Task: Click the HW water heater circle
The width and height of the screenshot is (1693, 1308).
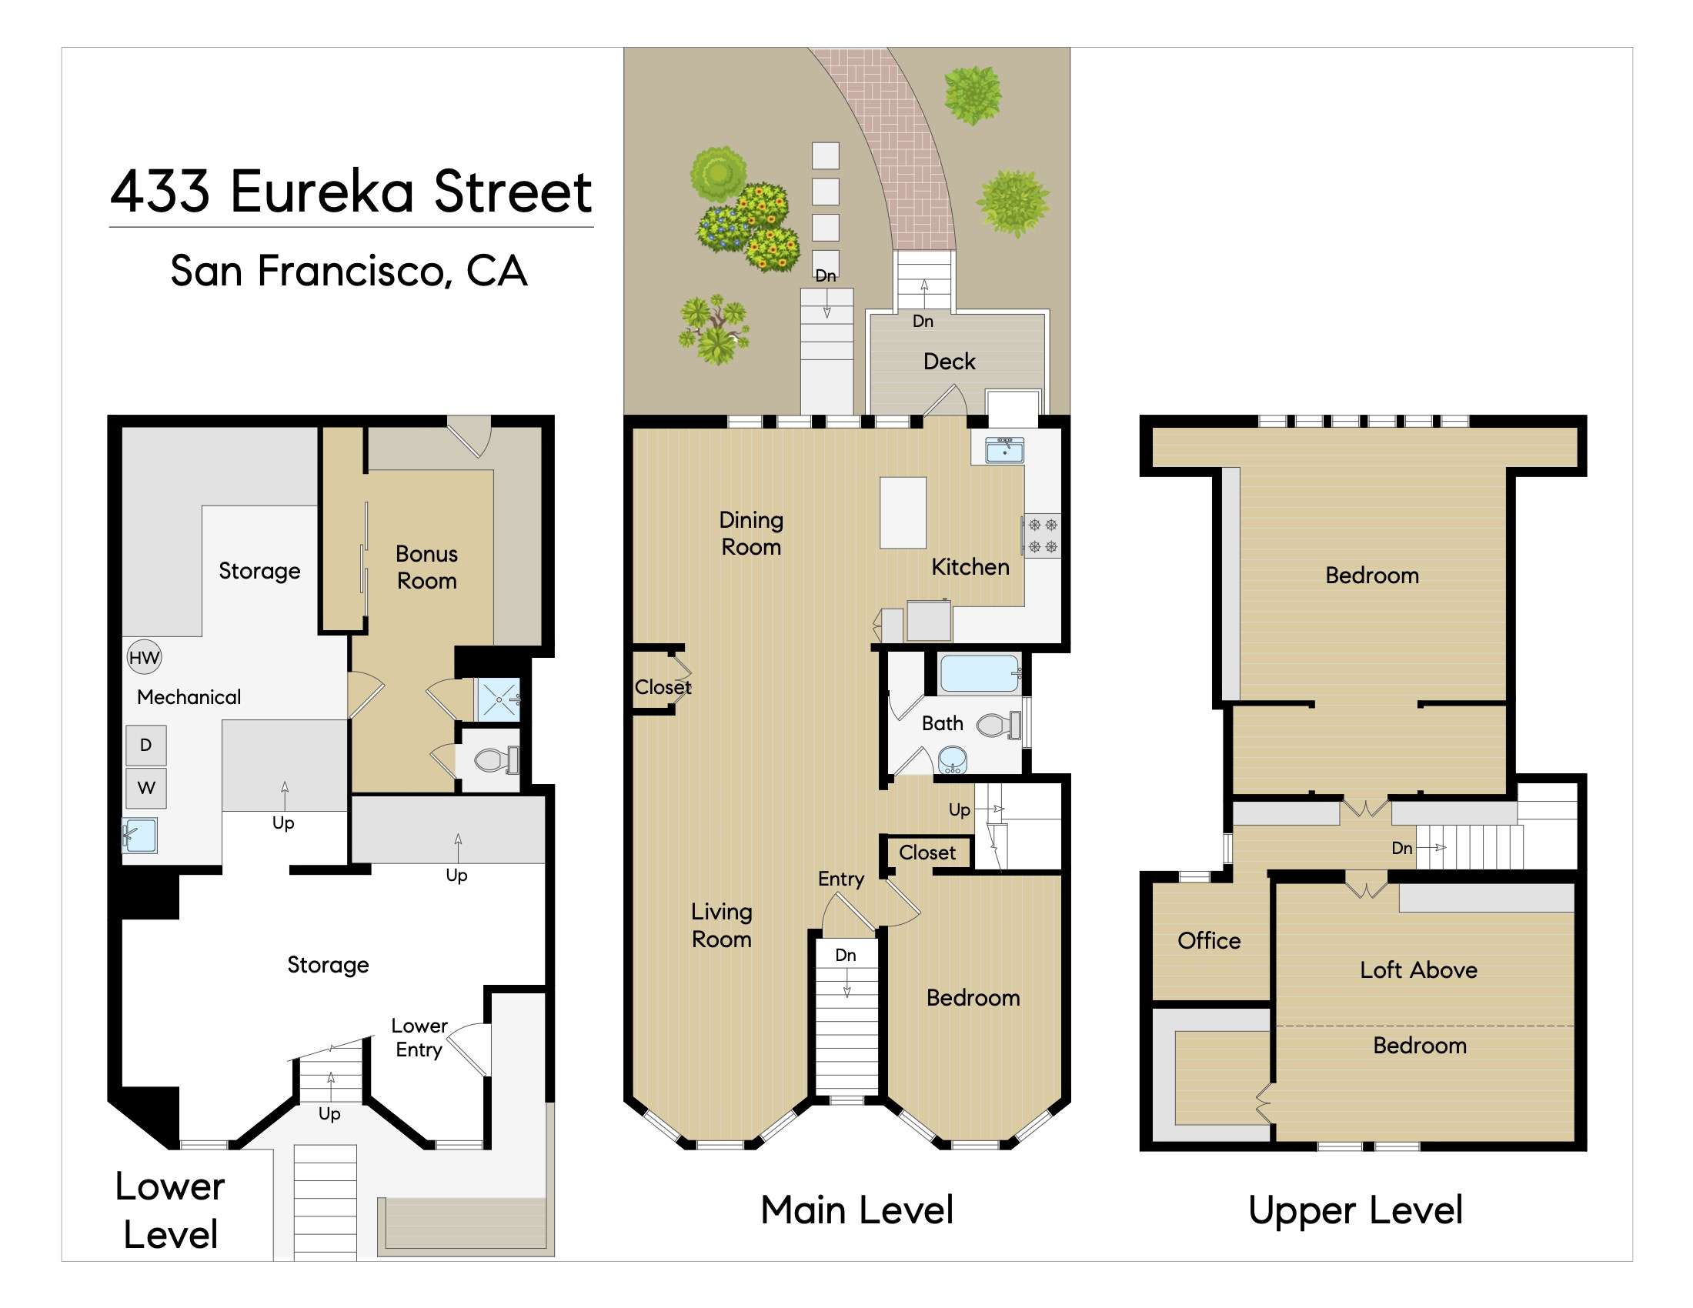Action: pyautogui.click(x=144, y=658)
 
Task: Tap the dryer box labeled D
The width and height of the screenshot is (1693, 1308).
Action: pyautogui.click(x=145, y=745)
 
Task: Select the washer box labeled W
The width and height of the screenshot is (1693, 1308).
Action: pyautogui.click(x=145, y=788)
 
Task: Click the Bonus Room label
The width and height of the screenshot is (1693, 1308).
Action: pyautogui.click(x=426, y=567)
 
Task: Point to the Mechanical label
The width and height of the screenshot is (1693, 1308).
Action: pyautogui.click(x=189, y=696)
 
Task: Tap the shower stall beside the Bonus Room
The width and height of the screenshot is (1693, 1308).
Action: pyautogui.click(x=498, y=699)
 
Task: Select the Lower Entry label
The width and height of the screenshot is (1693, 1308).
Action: pyautogui.click(x=419, y=1038)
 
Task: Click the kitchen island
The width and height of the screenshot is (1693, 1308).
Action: pyautogui.click(x=903, y=512)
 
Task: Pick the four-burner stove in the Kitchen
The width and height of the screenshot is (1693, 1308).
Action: pyautogui.click(x=1042, y=536)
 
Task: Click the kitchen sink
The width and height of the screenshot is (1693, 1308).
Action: pyautogui.click(x=1003, y=449)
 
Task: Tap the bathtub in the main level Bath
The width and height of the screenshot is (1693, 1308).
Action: pyautogui.click(x=979, y=673)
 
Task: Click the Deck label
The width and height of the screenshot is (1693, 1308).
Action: pyautogui.click(x=949, y=361)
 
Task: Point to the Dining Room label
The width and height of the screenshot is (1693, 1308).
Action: pyautogui.click(x=750, y=533)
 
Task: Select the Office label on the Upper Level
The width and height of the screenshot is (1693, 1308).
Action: pyautogui.click(x=1208, y=941)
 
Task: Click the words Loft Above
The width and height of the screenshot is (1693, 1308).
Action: pyautogui.click(x=1418, y=970)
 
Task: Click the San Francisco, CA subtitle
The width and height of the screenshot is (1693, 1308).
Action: pyautogui.click(x=349, y=270)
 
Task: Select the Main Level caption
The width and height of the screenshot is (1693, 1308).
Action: pyautogui.click(x=857, y=1210)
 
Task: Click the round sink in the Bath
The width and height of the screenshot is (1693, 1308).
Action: pyautogui.click(x=952, y=759)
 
